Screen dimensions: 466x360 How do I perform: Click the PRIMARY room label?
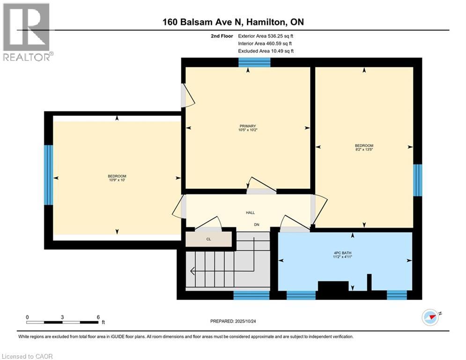tap(248, 126)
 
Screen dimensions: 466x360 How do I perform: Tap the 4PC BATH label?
tap(343, 253)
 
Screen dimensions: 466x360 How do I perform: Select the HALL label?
tap(250, 213)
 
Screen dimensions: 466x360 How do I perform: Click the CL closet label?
tap(208, 239)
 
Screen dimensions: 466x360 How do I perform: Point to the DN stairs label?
tap(257, 225)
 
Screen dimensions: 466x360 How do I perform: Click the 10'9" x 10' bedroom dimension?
tap(117, 180)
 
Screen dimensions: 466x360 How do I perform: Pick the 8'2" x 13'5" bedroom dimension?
tap(364, 150)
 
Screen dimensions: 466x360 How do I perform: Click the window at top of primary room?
tap(254, 62)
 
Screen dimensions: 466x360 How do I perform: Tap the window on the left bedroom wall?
tap(48, 175)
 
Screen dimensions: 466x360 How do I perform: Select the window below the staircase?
tap(251, 295)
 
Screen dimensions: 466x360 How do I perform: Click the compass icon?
tap(430, 317)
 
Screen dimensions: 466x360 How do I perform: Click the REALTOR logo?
tap(26, 32)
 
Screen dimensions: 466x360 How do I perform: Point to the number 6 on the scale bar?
tap(98, 317)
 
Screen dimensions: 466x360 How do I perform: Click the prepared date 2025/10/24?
tap(245, 321)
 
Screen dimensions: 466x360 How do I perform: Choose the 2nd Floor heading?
tap(222, 36)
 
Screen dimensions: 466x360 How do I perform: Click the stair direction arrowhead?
tap(192, 271)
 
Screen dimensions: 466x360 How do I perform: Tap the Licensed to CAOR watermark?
tap(27, 356)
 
